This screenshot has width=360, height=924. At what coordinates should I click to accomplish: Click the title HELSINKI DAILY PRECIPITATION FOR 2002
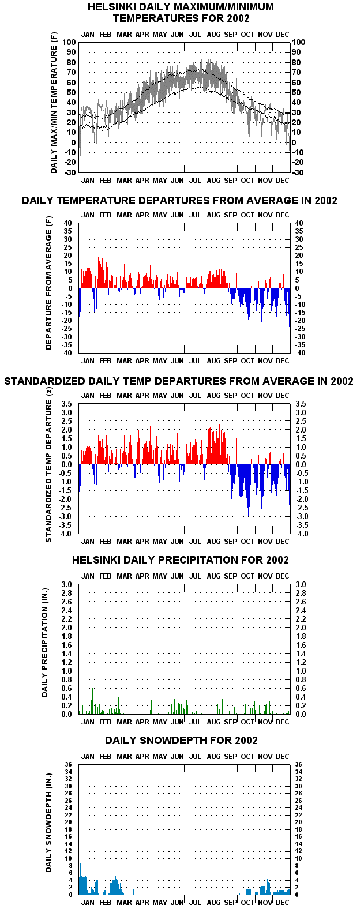[180, 559]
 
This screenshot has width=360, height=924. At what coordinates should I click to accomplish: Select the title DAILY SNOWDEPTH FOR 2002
[181, 741]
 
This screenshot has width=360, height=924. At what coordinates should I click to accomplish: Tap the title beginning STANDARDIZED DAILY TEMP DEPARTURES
[178, 381]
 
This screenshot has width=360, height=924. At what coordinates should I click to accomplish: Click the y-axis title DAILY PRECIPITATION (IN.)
[44, 643]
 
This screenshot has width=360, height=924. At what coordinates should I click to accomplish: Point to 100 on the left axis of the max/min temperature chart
[69, 42]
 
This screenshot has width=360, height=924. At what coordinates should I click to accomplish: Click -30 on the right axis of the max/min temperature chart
[298, 172]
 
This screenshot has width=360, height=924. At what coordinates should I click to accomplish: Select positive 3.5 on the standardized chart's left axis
[66, 404]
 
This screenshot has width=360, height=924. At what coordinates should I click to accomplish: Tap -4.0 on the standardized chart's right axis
[302, 534]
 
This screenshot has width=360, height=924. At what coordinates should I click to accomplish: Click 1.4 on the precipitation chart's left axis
[66, 653]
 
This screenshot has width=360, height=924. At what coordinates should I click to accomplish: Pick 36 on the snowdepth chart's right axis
[298, 764]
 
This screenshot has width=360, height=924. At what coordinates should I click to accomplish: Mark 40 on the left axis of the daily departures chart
[68, 223]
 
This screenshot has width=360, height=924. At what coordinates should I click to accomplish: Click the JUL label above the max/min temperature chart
[195, 35]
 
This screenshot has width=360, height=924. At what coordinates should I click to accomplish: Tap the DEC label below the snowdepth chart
[283, 902]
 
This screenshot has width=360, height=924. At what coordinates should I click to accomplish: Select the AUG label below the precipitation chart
[213, 722]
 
